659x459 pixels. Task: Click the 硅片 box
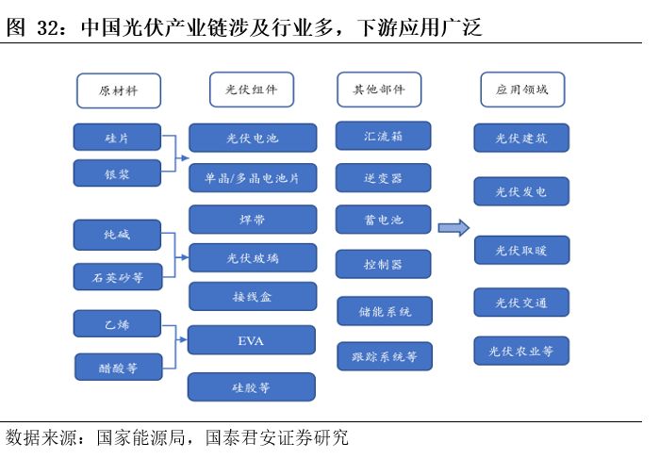click(117, 137)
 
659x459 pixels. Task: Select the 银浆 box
click(117, 173)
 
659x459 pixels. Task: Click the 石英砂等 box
click(117, 277)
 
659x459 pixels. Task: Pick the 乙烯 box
click(117, 323)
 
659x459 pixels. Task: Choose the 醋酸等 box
click(118, 368)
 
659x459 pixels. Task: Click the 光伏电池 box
click(252, 138)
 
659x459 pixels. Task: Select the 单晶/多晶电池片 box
click(252, 177)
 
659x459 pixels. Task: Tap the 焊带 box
click(252, 220)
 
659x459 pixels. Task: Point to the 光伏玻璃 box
click(252, 257)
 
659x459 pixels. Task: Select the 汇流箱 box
click(383, 136)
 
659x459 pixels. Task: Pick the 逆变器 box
click(383, 177)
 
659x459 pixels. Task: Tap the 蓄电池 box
click(383, 220)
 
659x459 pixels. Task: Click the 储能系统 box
click(385, 311)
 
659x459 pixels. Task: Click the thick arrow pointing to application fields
click(453, 227)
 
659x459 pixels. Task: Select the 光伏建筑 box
click(520, 138)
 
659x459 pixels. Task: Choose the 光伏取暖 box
click(520, 250)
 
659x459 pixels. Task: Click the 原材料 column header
click(118, 90)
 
